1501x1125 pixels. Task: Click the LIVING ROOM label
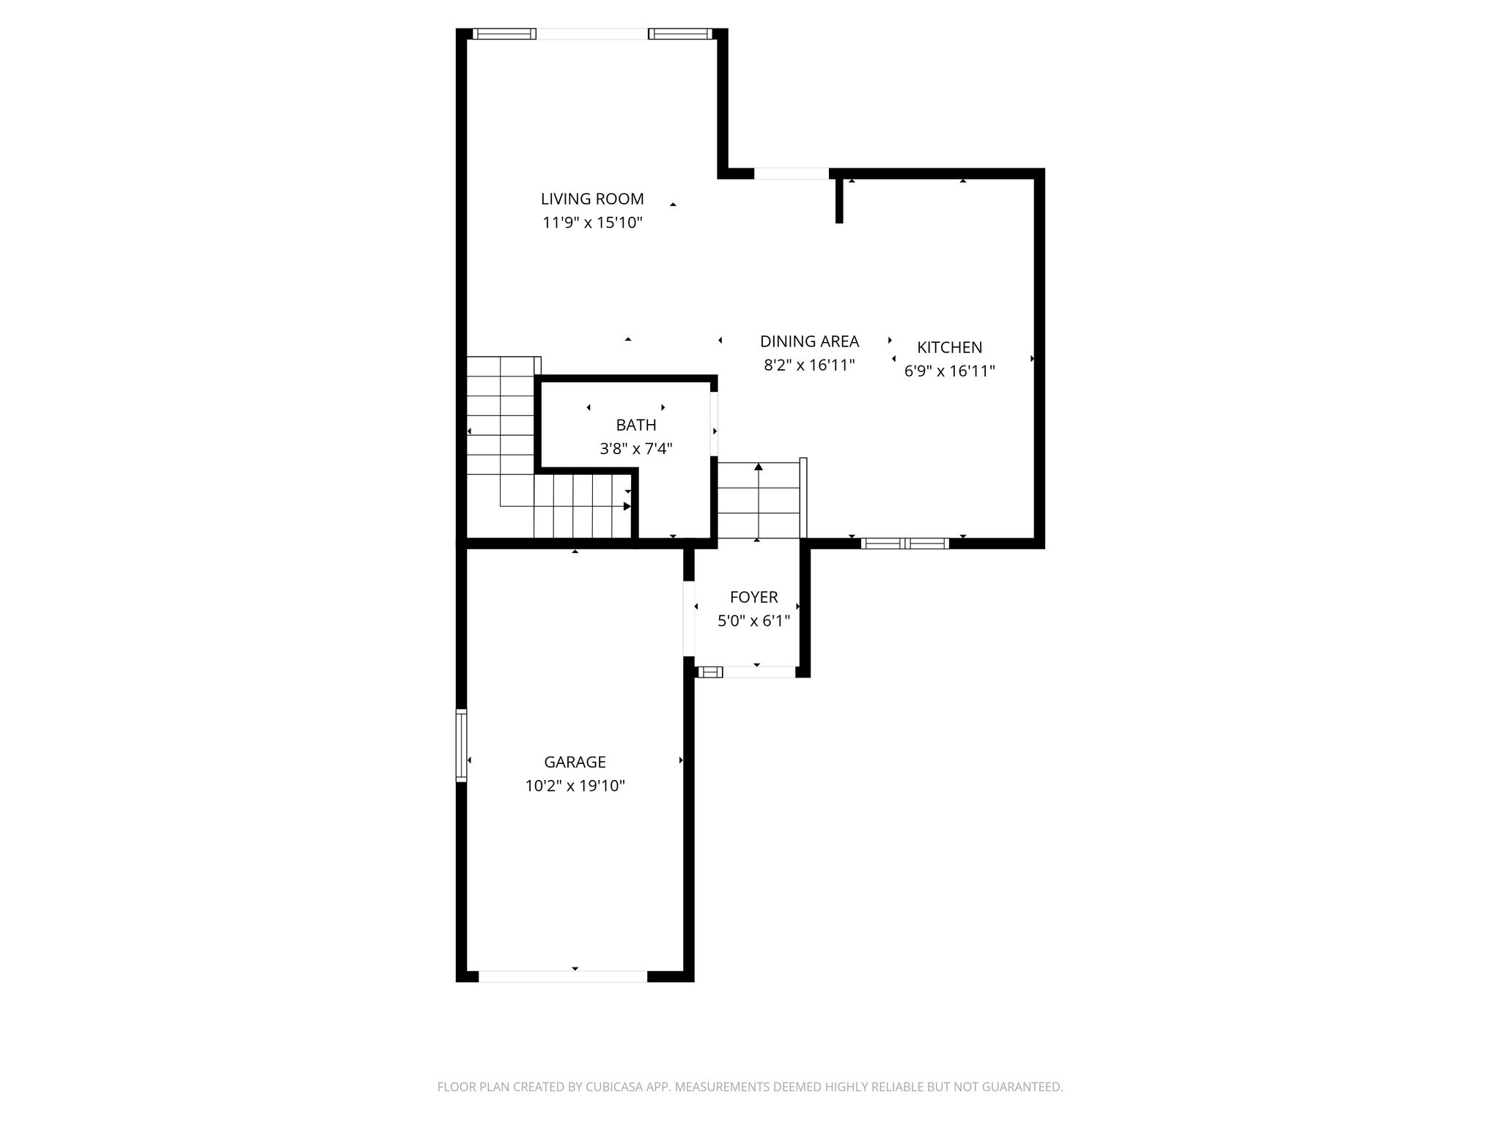click(x=592, y=198)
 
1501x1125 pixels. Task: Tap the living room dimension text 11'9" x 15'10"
click(x=592, y=223)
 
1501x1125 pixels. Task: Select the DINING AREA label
click(x=809, y=341)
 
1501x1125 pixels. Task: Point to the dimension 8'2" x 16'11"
click(x=809, y=365)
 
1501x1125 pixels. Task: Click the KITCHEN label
click(x=949, y=347)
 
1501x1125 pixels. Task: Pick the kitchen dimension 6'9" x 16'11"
click(x=949, y=371)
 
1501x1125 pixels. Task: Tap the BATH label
click(x=636, y=425)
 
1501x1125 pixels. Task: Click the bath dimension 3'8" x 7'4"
click(x=636, y=449)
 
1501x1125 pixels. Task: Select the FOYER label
click(x=753, y=597)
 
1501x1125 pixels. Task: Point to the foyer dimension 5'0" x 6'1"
click(x=753, y=621)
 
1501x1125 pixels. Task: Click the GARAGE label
click(x=575, y=762)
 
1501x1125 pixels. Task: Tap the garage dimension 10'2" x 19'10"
click(x=575, y=786)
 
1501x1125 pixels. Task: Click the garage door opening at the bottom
click(x=563, y=976)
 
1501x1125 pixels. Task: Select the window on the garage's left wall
click(x=461, y=746)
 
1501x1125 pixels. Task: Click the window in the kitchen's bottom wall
click(x=905, y=543)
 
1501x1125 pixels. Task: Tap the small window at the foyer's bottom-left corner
click(x=709, y=672)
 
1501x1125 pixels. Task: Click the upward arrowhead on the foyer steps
click(x=759, y=467)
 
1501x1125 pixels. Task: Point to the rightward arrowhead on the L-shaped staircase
click(x=627, y=506)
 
